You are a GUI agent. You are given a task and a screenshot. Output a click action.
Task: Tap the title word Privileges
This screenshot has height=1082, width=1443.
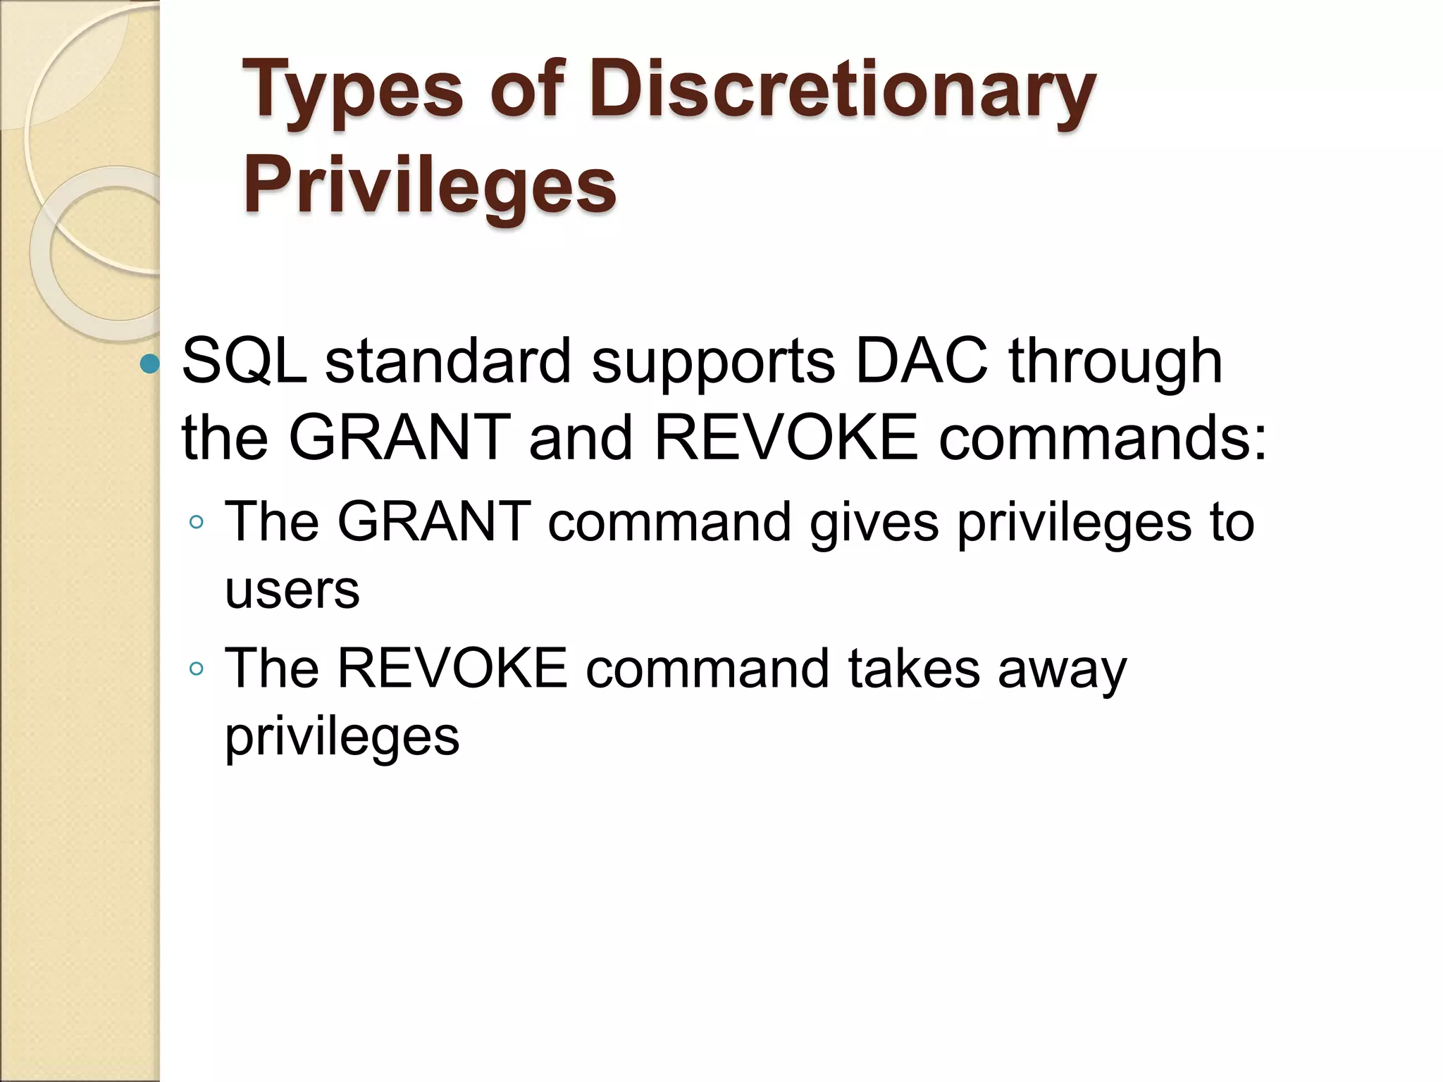click(x=430, y=185)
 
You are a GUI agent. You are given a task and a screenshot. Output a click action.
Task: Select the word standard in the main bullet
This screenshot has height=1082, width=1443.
click(x=448, y=361)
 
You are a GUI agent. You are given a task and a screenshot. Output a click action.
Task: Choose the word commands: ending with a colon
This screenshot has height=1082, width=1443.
click(x=1103, y=437)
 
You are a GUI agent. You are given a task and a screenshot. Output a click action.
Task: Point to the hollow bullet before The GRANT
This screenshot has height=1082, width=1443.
click(x=197, y=523)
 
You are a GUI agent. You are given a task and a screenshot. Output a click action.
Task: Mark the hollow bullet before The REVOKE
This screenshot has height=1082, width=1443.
click(x=197, y=669)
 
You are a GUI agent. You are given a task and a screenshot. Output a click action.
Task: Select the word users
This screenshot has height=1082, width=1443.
click(x=292, y=590)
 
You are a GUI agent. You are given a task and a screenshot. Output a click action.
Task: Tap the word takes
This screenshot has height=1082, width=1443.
click(x=914, y=668)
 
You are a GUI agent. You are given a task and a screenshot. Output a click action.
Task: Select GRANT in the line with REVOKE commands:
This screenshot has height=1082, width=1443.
click(x=400, y=437)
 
